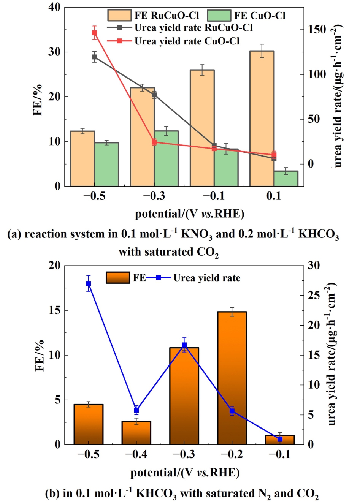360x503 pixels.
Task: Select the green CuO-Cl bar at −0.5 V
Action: tap(107, 164)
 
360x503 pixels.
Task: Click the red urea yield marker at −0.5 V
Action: tap(95, 33)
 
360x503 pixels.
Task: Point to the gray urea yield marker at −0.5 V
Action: tap(95, 57)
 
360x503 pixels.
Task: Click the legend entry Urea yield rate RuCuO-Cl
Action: tap(193, 28)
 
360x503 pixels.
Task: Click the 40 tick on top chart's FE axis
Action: tap(54, 7)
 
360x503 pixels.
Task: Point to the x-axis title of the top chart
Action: tap(190, 214)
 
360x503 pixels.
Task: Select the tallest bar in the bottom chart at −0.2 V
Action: tap(232, 378)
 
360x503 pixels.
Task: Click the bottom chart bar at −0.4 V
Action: tap(136, 433)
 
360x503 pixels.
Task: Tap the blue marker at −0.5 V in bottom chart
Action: tap(89, 283)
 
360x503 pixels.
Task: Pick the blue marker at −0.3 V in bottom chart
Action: tap(184, 345)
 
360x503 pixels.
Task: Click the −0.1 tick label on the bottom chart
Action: tap(280, 454)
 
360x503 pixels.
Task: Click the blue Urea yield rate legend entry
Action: tap(207, 278)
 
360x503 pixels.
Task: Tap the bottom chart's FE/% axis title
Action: tap(40, 355)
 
